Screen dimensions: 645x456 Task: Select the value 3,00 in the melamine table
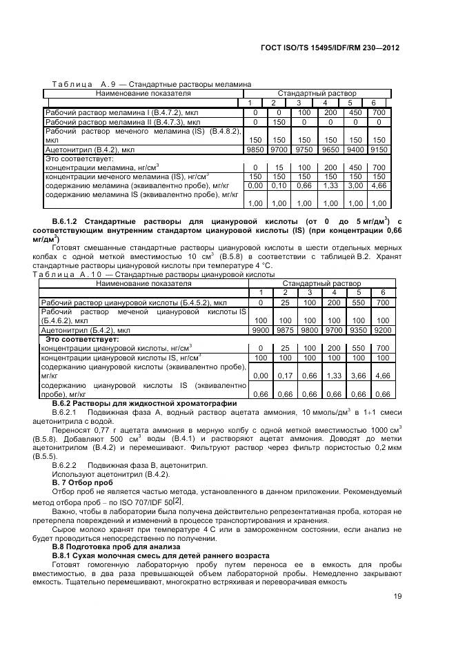[x=355, y=185]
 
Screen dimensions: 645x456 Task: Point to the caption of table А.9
[x=148, y=84]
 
